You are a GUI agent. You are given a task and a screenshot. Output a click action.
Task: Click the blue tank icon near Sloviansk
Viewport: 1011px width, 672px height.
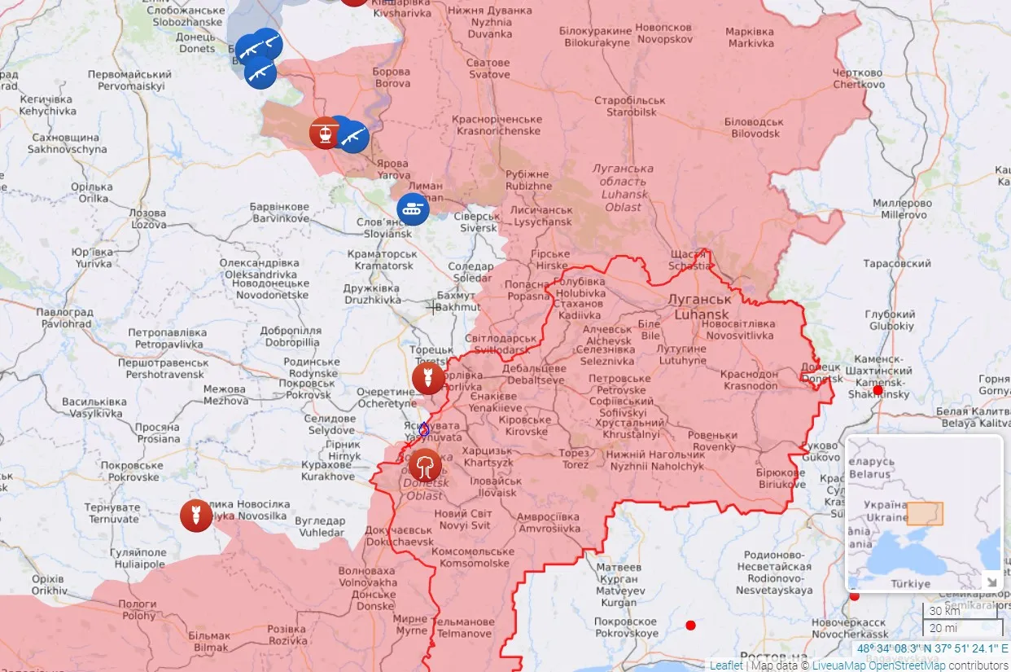click(x=413, y=209)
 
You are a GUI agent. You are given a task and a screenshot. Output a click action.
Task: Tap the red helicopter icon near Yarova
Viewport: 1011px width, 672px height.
click(x=325, y=133)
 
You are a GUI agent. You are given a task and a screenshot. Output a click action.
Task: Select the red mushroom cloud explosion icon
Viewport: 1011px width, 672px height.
click(x=425, y=465)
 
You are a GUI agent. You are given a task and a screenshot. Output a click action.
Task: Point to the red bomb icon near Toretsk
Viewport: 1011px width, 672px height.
click(x=428, y=378)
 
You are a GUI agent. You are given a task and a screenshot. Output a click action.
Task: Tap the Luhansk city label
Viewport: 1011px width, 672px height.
click(x=698, y=306)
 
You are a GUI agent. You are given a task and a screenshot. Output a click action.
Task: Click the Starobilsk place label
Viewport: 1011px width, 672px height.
click(x=629, y=106)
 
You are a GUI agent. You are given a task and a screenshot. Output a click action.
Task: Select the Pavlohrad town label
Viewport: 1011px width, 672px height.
click(x=63, y=318)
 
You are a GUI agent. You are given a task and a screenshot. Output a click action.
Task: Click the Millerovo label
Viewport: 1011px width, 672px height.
click(x=902, y=209)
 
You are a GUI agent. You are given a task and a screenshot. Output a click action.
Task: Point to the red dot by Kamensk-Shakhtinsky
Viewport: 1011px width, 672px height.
click(x=878, y=391)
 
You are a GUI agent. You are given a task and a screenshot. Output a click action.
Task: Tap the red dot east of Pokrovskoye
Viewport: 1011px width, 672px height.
click(x=690, y=626)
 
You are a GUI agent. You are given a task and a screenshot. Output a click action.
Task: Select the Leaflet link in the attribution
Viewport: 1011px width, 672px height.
click(x=726, y=665)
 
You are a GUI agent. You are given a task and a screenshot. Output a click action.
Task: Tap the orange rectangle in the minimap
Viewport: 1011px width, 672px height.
click(x=925, y=513)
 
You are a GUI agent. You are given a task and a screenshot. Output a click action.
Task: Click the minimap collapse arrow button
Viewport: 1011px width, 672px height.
click(x=992, y=581)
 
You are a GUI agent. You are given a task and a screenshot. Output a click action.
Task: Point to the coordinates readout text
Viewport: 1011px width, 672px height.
click(x=931, y=649)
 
